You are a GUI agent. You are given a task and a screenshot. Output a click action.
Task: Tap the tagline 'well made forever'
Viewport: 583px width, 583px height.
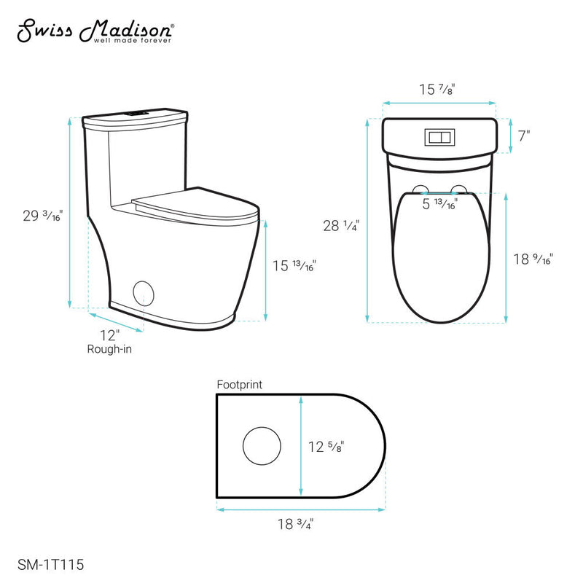point(130,42)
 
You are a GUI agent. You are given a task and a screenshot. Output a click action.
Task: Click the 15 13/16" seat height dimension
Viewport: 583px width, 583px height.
point(294,267)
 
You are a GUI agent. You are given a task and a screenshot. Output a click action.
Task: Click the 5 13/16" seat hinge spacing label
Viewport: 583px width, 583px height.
point(439,205)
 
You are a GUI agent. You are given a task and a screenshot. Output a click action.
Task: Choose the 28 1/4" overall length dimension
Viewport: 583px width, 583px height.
point(342,226)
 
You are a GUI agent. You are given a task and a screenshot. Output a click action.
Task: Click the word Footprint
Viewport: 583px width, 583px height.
point(239,383)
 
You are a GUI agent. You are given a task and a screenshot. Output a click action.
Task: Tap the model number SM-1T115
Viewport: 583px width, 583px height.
point(47,563)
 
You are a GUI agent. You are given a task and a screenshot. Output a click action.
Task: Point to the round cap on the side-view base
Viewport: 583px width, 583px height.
point(144,293)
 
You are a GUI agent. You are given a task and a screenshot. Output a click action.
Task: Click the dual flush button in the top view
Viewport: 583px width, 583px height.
point(439,137)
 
